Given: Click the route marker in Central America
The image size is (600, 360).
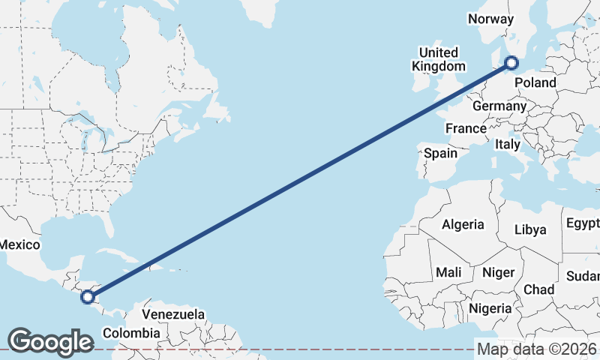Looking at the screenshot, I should tap(88, 297).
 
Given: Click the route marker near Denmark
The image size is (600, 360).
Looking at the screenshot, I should tap(511, 63).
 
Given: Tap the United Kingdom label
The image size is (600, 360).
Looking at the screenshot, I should tap(438, 59).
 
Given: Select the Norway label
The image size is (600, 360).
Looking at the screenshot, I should tap(490, 19).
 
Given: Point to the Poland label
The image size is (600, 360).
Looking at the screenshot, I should tap(536, 82).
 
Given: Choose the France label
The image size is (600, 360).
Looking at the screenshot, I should tap(466, 128).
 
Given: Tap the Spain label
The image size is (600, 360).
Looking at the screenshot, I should tap(440, 153).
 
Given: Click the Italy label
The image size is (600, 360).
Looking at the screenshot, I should tap(507, 143).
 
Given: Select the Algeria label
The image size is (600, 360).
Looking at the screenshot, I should tap(463, 224).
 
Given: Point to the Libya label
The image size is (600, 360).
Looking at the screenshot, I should tap(530, 229).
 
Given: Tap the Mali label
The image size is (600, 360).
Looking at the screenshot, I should tap(448, 271).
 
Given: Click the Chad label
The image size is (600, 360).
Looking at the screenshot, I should tap(539, 289).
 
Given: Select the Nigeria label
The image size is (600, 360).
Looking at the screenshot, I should tap(490, 308).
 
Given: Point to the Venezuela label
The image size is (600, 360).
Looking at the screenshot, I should tap(173, 313).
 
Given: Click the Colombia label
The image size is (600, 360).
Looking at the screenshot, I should tap(131, 332).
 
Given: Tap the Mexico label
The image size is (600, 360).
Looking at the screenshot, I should tap(19, 244).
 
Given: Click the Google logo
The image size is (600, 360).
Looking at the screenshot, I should tap(50, 341).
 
